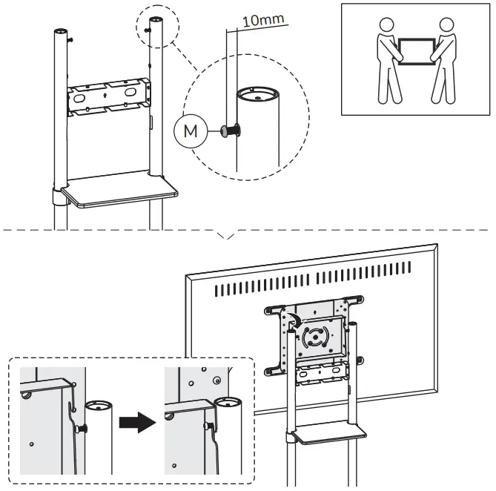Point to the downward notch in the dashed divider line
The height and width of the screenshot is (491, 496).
coord(228,237)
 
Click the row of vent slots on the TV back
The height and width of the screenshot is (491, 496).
coord(334,285)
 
